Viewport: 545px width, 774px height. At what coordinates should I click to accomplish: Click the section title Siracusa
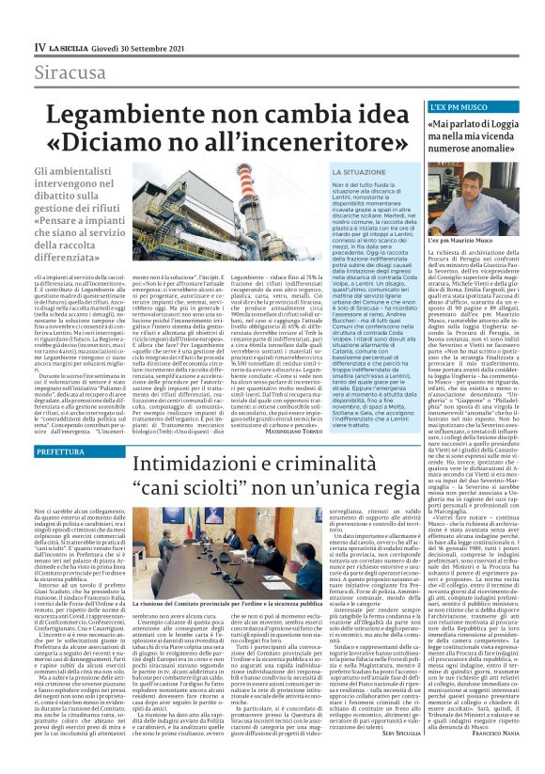71,72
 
